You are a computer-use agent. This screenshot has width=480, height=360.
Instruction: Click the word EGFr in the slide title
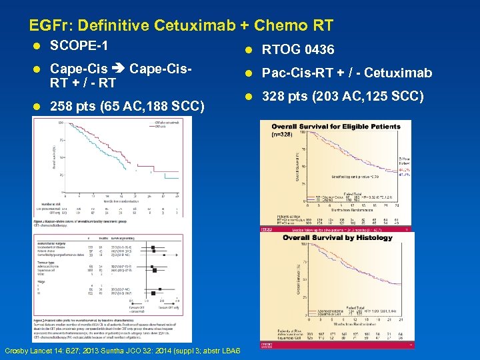pos(50,26)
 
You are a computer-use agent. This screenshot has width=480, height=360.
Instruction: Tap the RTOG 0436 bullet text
pos(298,50)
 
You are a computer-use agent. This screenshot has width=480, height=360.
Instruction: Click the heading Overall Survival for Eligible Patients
pos(336,126)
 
